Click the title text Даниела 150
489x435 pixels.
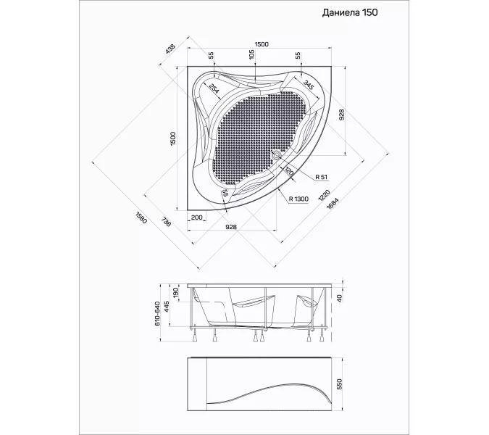[x=350, y=12]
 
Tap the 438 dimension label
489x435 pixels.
[x=170, y=49]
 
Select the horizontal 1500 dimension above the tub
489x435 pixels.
[x=262, y=44]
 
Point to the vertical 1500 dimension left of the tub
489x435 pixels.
[x=173, y=138]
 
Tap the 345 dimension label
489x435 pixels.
[x=308, y=85]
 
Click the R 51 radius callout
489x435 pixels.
[x=321, y=177]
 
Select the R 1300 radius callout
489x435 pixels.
[x=298, y=199]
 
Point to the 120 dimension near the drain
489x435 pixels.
[x=290, y=171]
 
